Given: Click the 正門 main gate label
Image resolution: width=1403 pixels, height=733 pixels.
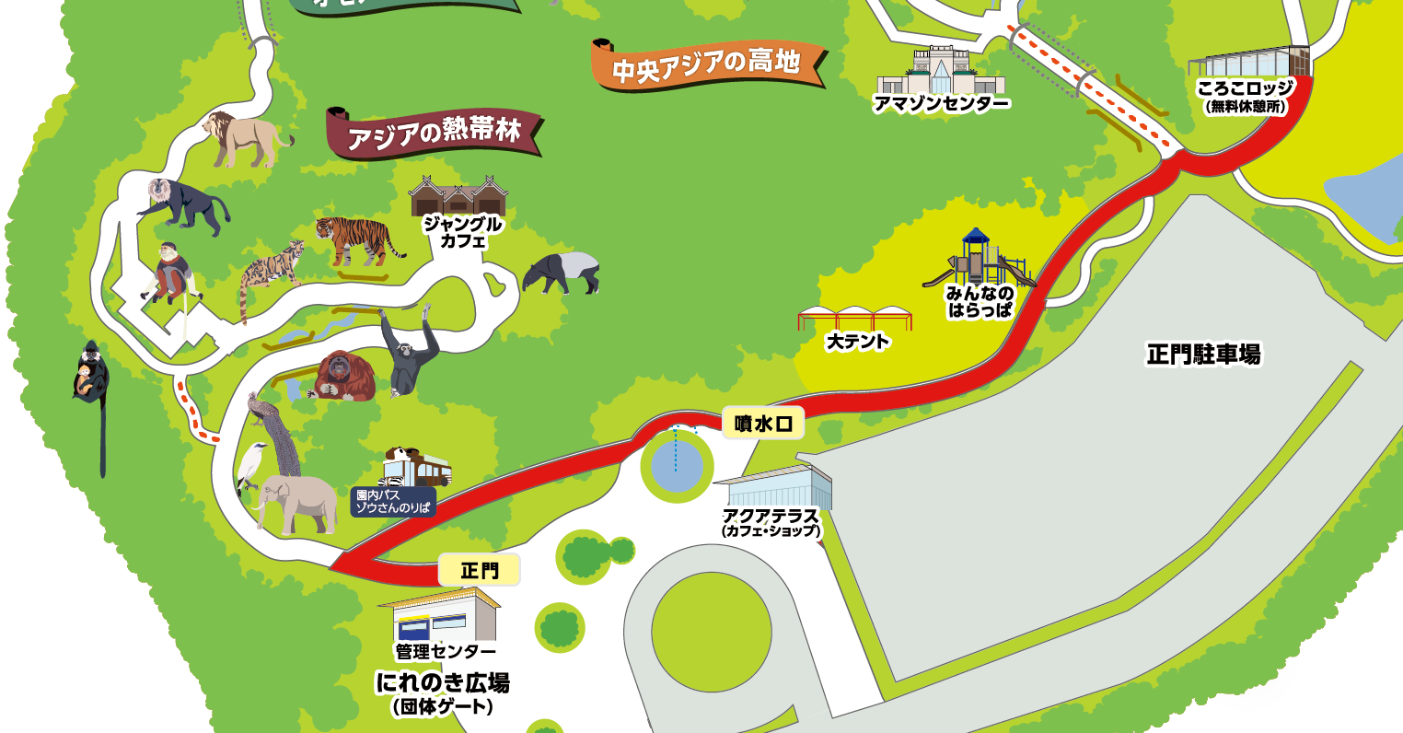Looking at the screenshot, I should [479, 571].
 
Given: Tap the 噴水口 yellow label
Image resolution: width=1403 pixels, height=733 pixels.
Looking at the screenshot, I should [763, 423].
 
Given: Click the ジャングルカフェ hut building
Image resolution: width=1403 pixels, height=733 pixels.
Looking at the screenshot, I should [458, 196].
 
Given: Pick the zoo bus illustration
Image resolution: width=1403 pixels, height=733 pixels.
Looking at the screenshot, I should [419, 468].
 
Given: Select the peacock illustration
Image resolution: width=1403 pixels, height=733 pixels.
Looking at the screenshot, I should [276, 433].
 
